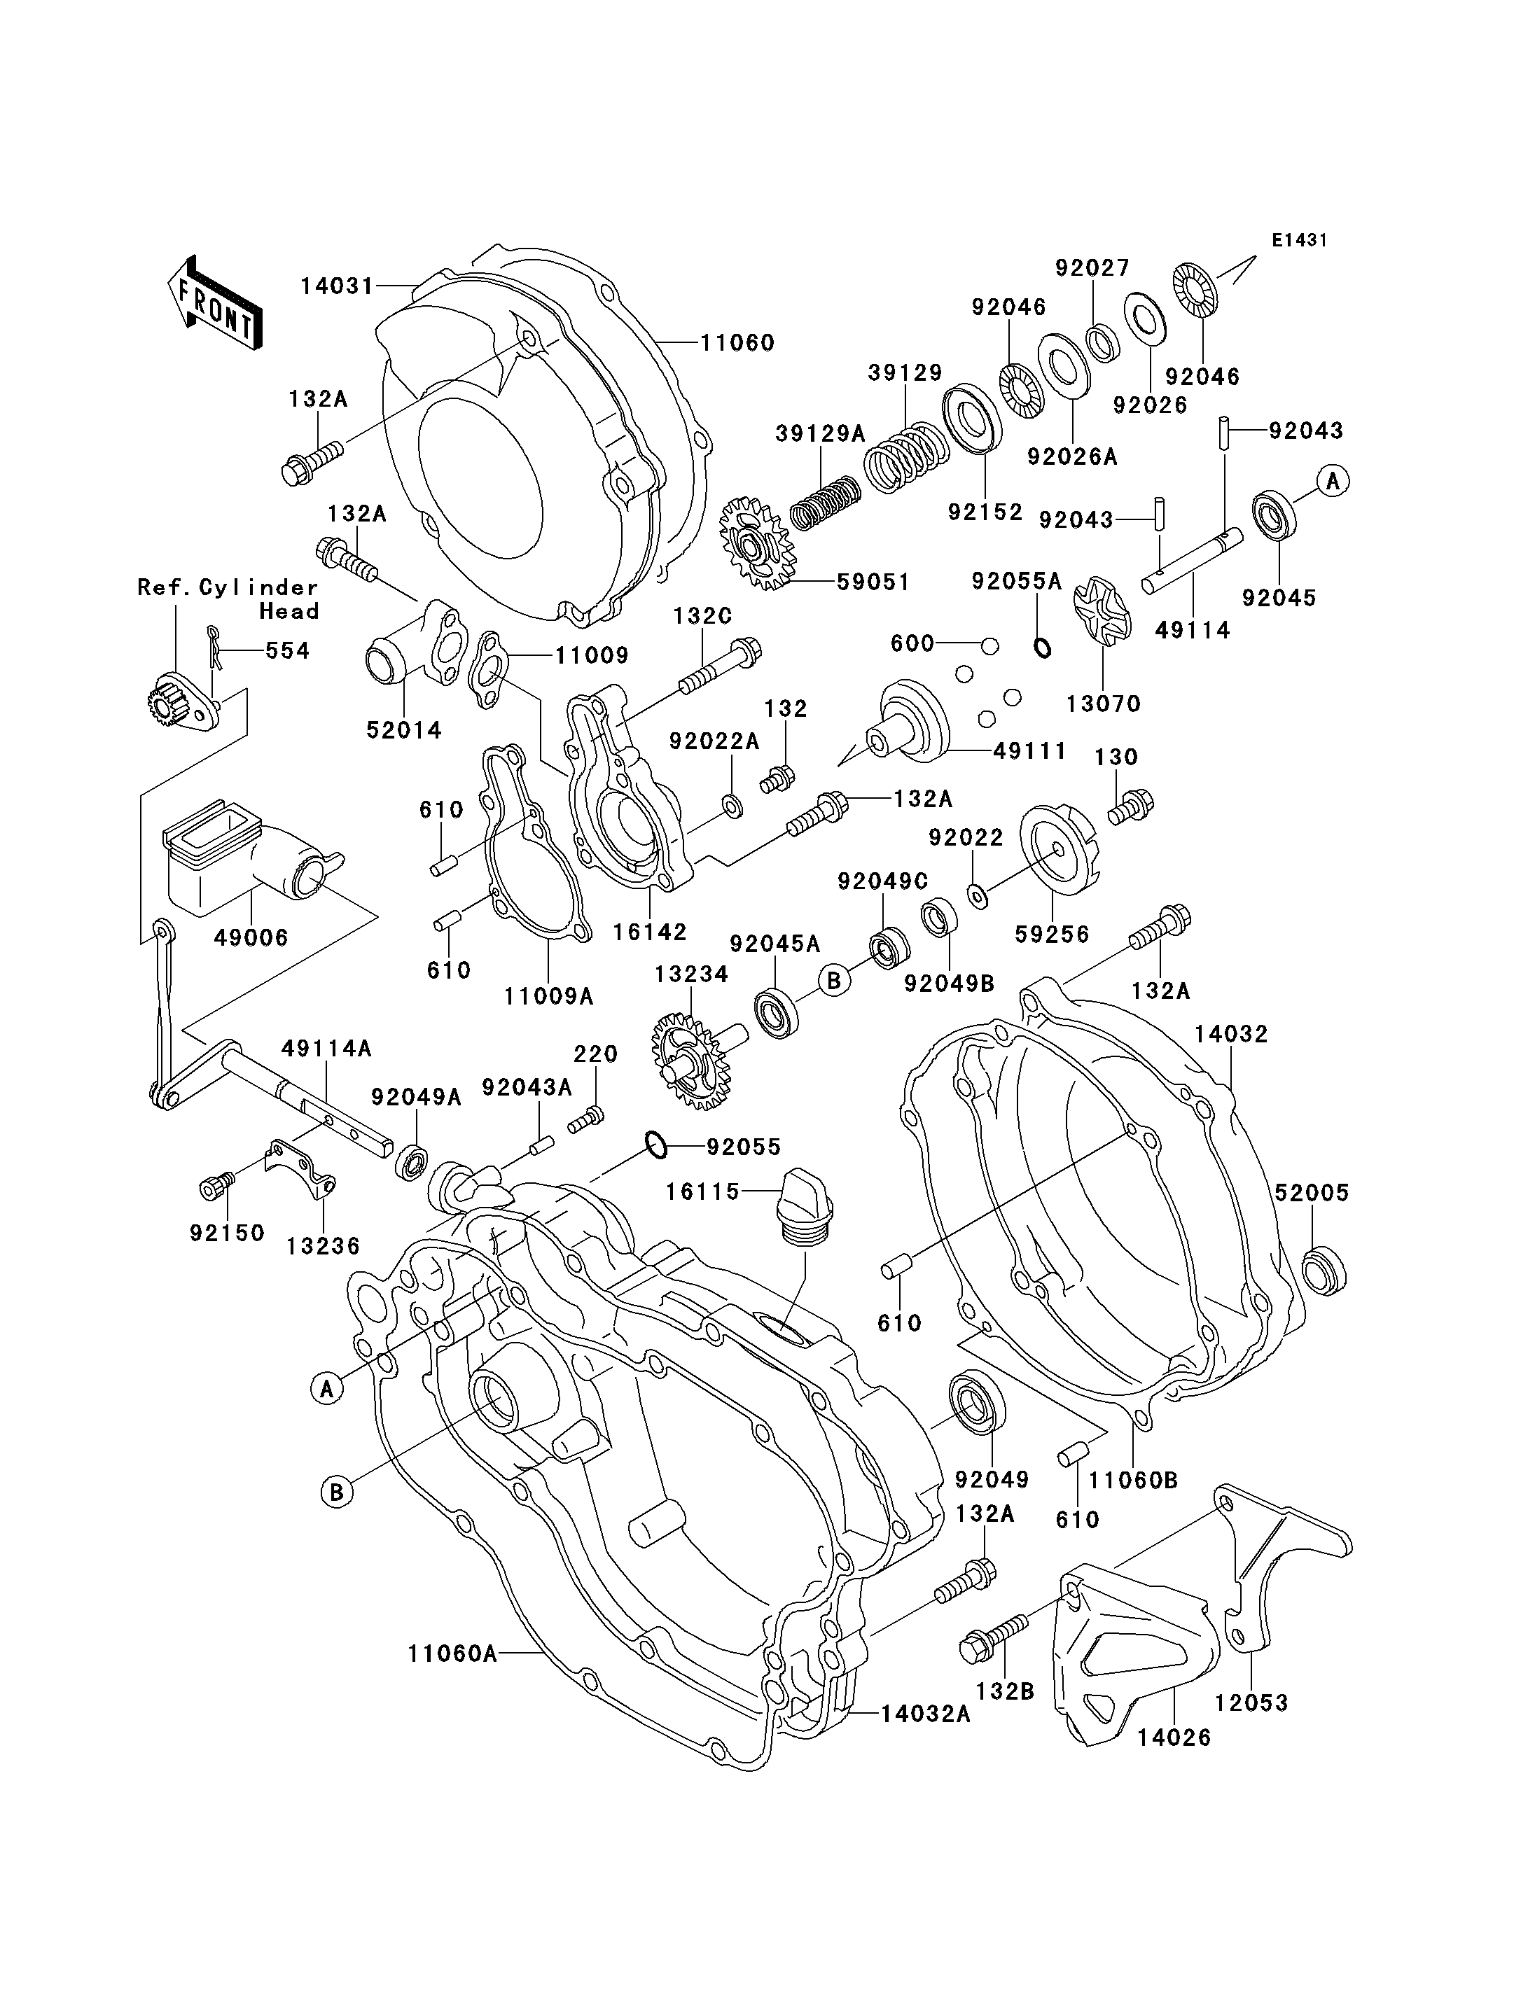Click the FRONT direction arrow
[214, 302]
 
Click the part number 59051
[873, 582]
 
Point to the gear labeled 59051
[756, 543]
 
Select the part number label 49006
[251, 937]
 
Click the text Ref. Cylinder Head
[228, 599]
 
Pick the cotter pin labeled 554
[214, 650]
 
